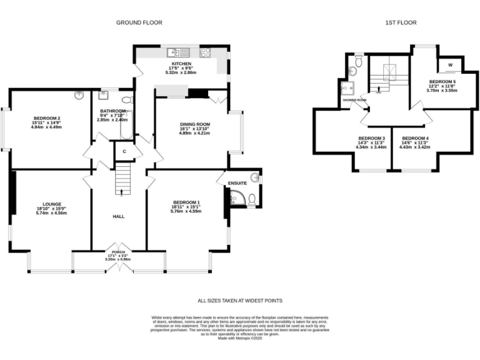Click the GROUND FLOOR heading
pyautogui.click(x=139, y=22)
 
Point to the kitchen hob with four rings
pyautogui.click(x=204, y=52)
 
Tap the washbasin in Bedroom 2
pyautogui.click(x=79, y=96)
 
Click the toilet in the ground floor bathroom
pyautogui.click(x=126, y=99)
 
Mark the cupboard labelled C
pyautogui.click(x=124, y=151)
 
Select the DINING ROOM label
pyautogui.click(x=194, y=124)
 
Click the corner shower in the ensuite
pyautogui.click(x=237, y=199)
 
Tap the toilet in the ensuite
pyautogui.click(x=251, y=200)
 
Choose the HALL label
pyautogui.click(x=118, y=216)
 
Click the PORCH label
pyautogui.click(x=118, y=252)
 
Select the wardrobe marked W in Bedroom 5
pyautogui.click(x=450, y=64)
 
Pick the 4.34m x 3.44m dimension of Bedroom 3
pyautogui.click(x=371, y=147)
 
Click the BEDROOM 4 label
pyautogui.click(x=415, y=137)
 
